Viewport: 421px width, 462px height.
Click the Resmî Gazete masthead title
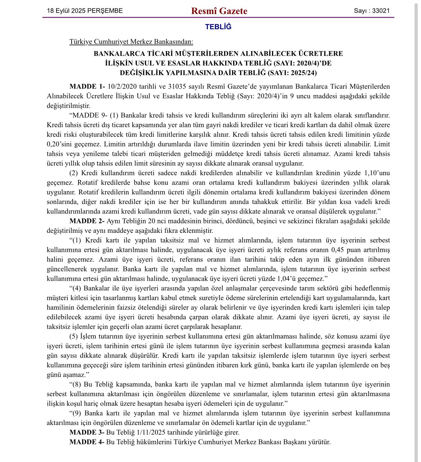pyautogui.click(x=219, y=11)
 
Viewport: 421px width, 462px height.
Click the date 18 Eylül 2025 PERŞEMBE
pyautogui.click(x=85, y=11)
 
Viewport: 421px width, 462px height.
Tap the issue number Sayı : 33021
pyautogui.click(x=372, y=11)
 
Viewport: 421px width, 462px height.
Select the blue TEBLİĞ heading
pyautogui.click(x=218, y=27)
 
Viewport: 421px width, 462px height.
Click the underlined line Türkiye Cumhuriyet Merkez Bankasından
pyautogui.click(x=131, y=42)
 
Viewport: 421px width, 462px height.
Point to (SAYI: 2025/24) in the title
pyautogui.click(x=292, y=73)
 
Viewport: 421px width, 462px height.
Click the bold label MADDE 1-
pyautogui.click(x=87, y=87)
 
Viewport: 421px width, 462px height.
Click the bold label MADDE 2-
pyautogui.click(x=87, y=221)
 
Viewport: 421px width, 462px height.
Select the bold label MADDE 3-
pyautogui.click(x=87, y=432)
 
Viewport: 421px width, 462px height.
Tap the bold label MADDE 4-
pyautogui.click(x=87, y=442)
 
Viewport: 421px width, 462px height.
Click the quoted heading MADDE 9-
pyautogui.click(x=90, y=115)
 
